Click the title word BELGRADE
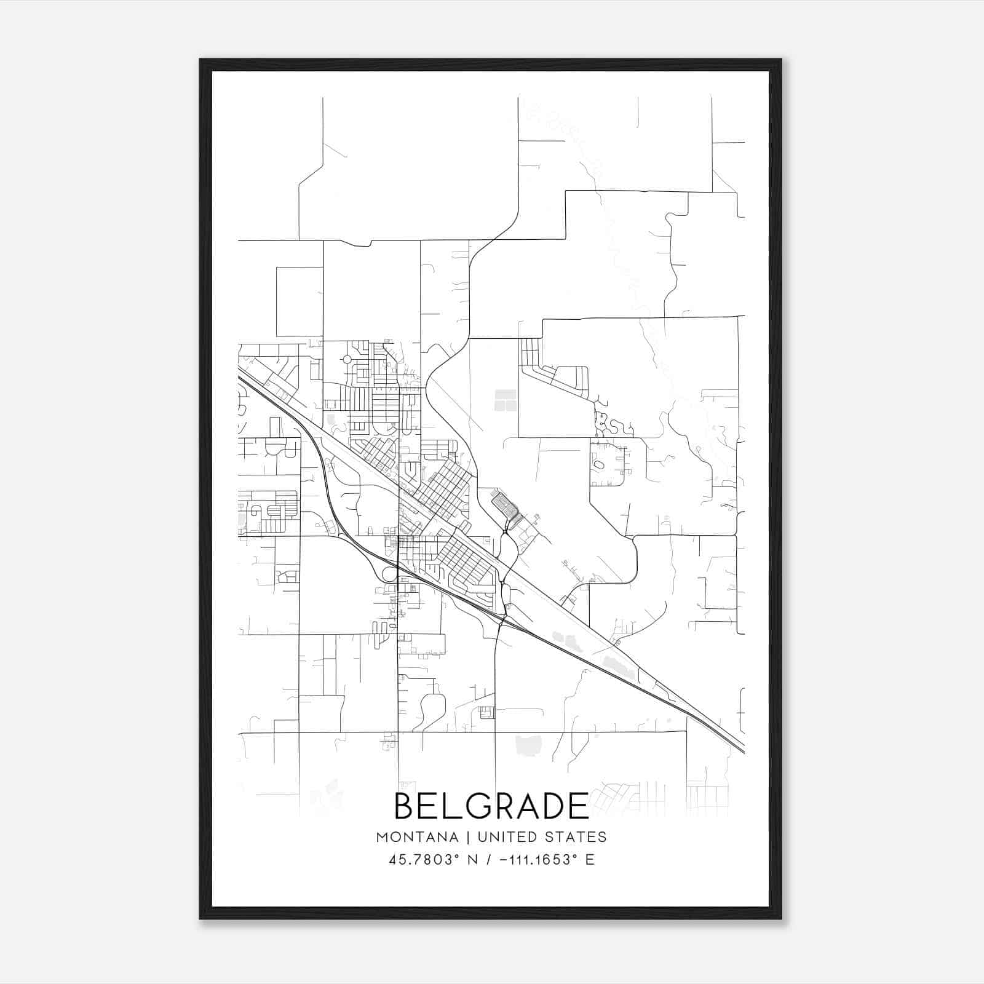coord(491,806)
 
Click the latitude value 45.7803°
coord(424,859)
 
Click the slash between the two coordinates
coord(490,859)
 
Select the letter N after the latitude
coord(473,859)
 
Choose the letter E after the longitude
coord(590,859)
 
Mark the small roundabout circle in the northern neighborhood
coord(347,359)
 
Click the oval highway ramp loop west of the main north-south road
coord(389,574)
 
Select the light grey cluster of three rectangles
coord(506,400)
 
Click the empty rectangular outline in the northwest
coord(300,301)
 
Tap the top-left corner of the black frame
coord(201,60)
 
